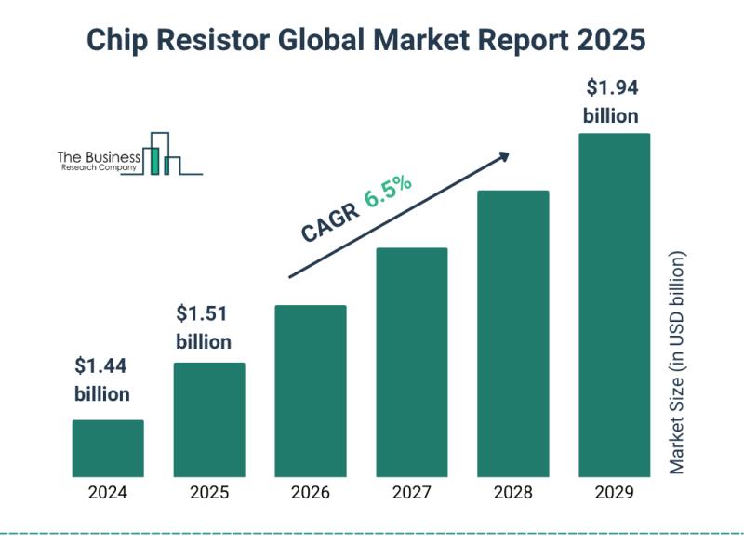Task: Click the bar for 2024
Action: pyautogui.click(x=108, y=448)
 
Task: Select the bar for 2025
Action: pyautogui.click(x=209, y=419)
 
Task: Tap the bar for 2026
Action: pyautogui.click(x=311, y=391)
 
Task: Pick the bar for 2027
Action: pyautogui.click(x=412, y=362)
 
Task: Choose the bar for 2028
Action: pyautogui.click(x=513, y=333)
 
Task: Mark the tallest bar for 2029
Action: pyautogui.click(x=614, y=305)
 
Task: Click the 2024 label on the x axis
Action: pyautogui.click(x=108, y=494)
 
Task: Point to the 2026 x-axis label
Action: pyautogui.click(x=311, y=494)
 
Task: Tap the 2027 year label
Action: pyautogui.click(x=412, y=494)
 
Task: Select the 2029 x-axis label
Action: pyautogui.click(x=614, y=494)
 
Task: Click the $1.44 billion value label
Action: pyautogui.click(x=102, y=379)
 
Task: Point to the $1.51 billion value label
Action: pyautogui.click(x=204, y=326)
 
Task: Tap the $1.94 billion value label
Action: pyautogui.click(x=611, y=102)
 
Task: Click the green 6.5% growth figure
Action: pyautogui.click(x=388, y=193)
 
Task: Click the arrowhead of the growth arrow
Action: pyautogui.click(x=504, y=156)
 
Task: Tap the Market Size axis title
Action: pyautogui.click(x=677, y=363)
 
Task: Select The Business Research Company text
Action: pyautogui.click(x=99, y=161)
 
